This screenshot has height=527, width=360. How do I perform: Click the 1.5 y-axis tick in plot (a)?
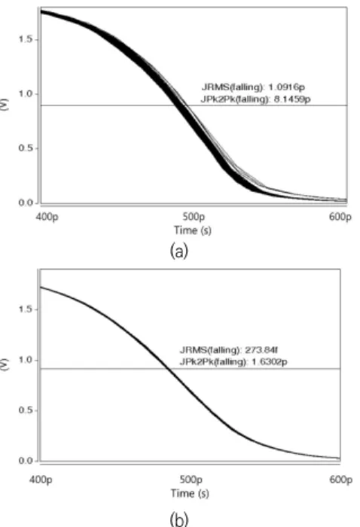click(25, 39)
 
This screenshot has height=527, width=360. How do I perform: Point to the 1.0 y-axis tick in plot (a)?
click(25, 94)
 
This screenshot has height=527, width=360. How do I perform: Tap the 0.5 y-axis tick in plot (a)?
click(25, 148)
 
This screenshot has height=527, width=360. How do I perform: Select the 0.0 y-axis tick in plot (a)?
click(25, 203)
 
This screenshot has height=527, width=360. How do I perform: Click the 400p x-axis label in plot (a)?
click(47, 217)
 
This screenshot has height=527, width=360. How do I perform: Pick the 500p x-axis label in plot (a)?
click(194, 217)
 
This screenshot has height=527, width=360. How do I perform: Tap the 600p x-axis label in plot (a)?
click(340, 217)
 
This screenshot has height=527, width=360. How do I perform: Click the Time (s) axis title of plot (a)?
click(193, 230)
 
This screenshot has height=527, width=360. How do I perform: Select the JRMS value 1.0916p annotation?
click(253, 87)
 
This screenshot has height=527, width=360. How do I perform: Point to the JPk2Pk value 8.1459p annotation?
click(255, 99)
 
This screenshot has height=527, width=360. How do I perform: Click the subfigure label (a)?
click(179, 251)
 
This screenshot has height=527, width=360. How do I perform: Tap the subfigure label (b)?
click(179, 519)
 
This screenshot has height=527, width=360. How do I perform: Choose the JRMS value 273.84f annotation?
click(229, 350)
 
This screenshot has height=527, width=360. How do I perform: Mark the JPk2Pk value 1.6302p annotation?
click(233, 361)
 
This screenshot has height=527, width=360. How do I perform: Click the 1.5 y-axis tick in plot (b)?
click(25, 309)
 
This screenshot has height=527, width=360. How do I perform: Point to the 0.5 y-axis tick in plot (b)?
click(25, 410)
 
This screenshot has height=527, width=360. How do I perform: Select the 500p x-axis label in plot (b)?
click(191, 480)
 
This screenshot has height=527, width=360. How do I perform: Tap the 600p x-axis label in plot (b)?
click(341, 480)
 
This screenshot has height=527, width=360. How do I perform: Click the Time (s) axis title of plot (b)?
click(190, 493)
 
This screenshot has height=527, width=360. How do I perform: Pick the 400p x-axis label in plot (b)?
click(41, 480)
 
